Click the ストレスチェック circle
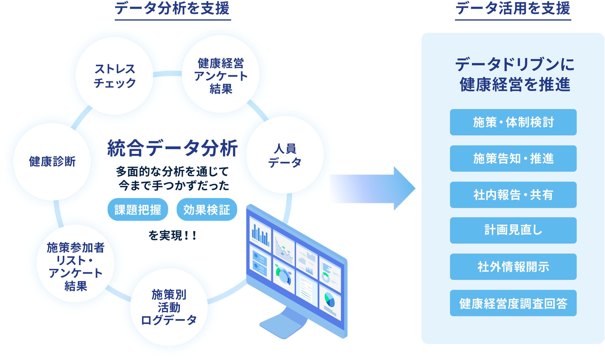114,76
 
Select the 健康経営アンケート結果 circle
221,75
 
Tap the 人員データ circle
285,155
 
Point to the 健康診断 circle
52,161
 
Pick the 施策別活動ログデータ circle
169,307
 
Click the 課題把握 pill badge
138,210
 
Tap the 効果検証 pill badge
207,210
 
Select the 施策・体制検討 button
513,122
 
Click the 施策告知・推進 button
513,159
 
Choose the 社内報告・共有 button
513,195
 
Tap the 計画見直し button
513,230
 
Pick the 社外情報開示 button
513,267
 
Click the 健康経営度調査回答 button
513,303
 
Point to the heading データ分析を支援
173,9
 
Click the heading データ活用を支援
513,9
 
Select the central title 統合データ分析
173,148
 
